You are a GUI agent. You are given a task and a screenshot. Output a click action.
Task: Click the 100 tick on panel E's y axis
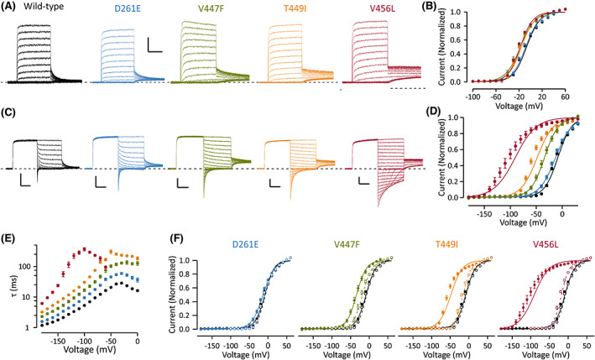34,266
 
